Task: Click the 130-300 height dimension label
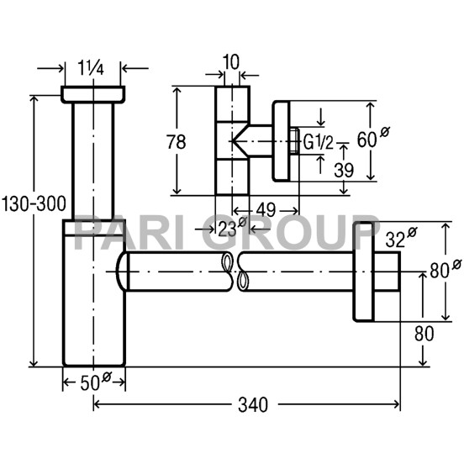[x=34, y=204]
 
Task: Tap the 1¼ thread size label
[x=91, y=68]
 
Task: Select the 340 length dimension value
[x=253, y=405]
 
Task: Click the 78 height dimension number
[x=176, y=142]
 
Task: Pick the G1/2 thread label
[x=319, y=142]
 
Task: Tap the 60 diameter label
[x=373, y=137]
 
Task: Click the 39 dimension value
[x=344, y=170]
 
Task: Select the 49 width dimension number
[x=266, y=210]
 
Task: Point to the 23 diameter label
[x=232, y=227]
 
